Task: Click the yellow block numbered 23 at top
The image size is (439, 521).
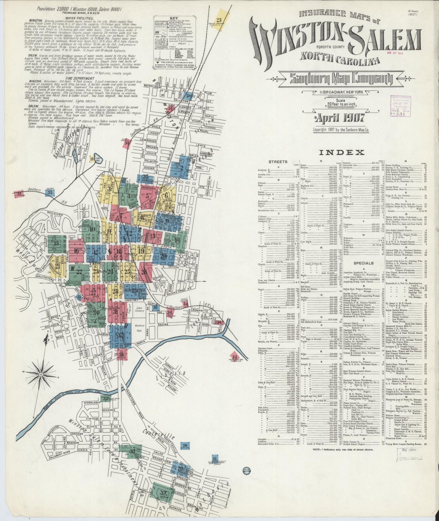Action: (x=220, y=20)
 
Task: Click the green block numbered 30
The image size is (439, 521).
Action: (x=97, y=312)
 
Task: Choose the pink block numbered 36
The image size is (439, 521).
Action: (x=122, y=354)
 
